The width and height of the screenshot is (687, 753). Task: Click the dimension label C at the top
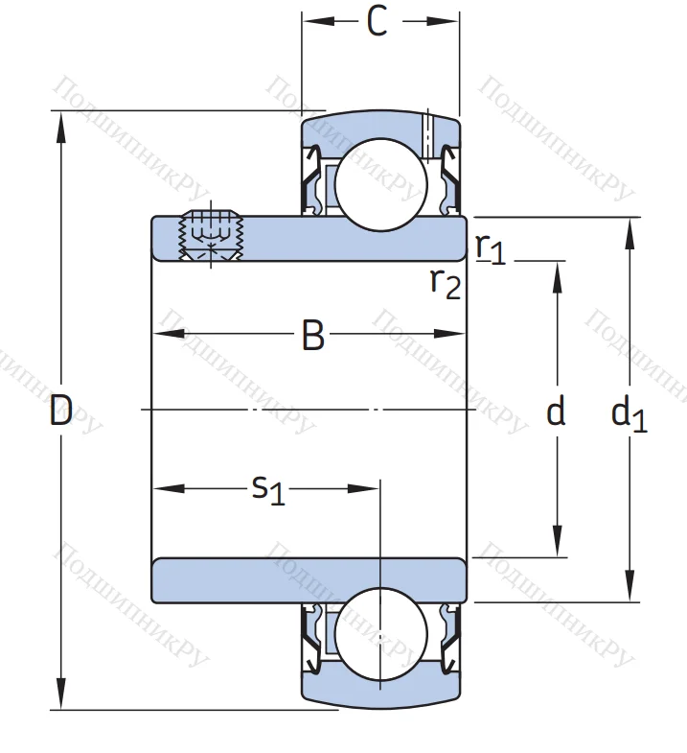click(x=378, y=23)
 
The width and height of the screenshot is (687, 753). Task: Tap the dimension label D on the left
click(x=61, y=412)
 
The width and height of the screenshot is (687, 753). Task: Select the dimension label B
click(x=312, y=337)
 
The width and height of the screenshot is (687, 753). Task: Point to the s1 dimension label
click(x=267, y=489)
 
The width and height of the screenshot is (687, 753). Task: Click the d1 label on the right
click(x=629, y=414)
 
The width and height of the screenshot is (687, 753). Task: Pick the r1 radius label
click(x=490, y=248)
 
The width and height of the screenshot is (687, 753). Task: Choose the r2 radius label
click(x=445, y=283)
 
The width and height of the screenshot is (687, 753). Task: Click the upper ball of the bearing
click(x=380, y=183)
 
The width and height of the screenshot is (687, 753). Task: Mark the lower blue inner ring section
click(x=309, y=580)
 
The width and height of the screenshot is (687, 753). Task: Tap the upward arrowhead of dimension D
click(x=61, y=121)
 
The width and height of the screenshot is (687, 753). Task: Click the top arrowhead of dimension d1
click(x=630, y=228)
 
